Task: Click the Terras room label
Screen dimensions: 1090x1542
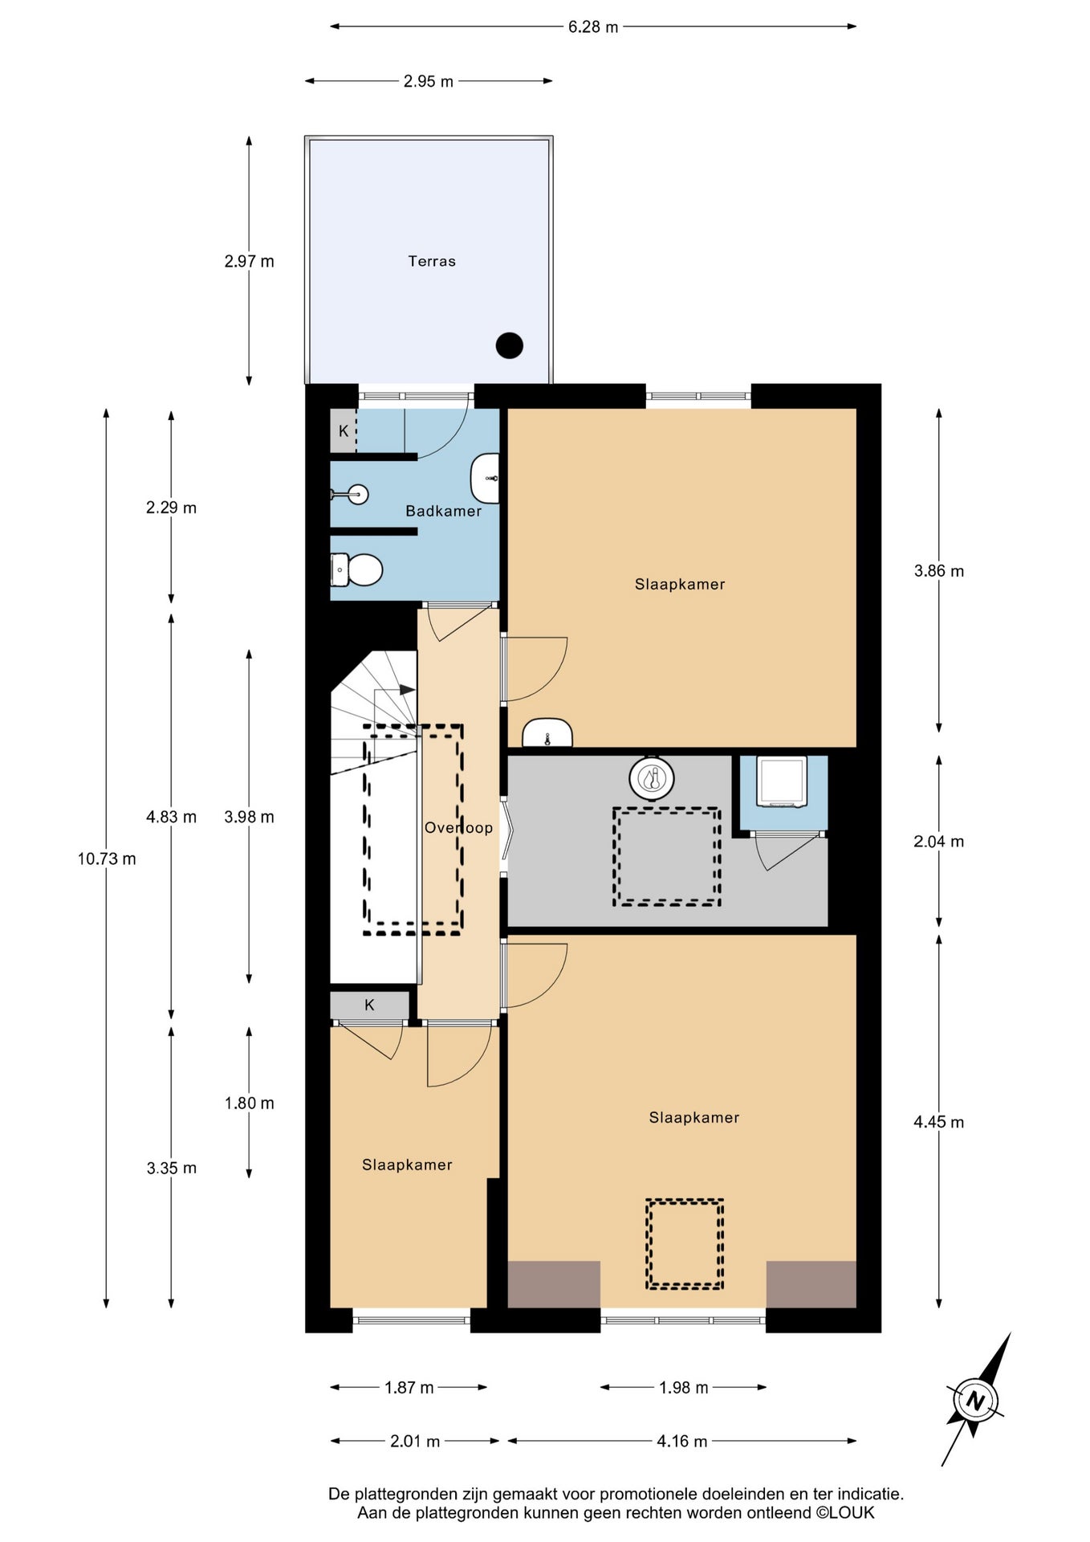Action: (432, 261)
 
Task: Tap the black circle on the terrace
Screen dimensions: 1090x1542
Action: (510, 345)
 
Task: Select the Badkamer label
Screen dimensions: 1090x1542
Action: (443, 511)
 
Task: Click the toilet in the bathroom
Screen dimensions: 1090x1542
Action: (356, 569)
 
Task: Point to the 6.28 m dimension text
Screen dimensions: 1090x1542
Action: (593, 27)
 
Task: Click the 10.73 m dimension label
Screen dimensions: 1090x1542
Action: (107, 859)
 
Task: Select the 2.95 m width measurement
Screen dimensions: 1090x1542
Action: (429, 81)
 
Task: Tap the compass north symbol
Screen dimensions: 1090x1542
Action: (975, 1401)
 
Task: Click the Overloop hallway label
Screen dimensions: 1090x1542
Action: (458, 828)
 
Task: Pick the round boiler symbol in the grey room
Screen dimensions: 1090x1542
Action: (652, 777)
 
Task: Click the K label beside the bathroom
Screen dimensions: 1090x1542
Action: (344, 431)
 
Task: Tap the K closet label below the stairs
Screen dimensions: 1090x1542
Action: (369, 1005)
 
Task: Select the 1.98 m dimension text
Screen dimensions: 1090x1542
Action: (684, 1387)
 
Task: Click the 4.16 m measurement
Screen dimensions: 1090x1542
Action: (682, 1441)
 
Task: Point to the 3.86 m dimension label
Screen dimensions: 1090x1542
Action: (939, 571)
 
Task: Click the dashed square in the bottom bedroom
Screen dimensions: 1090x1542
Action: (685, 1243)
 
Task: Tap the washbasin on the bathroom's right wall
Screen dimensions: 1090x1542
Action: (485, 479)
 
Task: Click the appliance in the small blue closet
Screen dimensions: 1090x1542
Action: (783, 781)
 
